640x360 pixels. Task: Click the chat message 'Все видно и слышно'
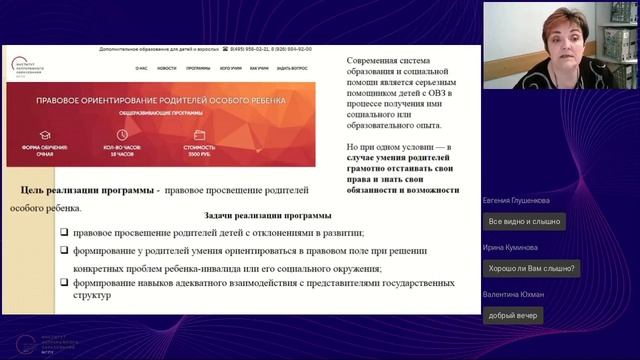(523, 221)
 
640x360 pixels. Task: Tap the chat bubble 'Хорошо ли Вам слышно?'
(531, 268)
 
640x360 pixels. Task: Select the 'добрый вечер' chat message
(513, 315)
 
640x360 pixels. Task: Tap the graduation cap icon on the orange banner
(44, 134)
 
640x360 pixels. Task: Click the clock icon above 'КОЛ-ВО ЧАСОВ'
(122, 134)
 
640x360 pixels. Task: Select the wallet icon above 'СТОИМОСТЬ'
(200, 134)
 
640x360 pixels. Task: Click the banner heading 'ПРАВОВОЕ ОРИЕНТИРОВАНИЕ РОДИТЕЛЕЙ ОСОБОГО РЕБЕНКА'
(161, 102)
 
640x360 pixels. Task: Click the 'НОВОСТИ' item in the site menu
(167, 68)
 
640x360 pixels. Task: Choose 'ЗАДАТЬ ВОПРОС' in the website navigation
(292, 68)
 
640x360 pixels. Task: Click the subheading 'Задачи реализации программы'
(267, 215)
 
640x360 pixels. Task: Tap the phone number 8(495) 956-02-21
(249, 48)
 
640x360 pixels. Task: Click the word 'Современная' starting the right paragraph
(373, 61)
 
